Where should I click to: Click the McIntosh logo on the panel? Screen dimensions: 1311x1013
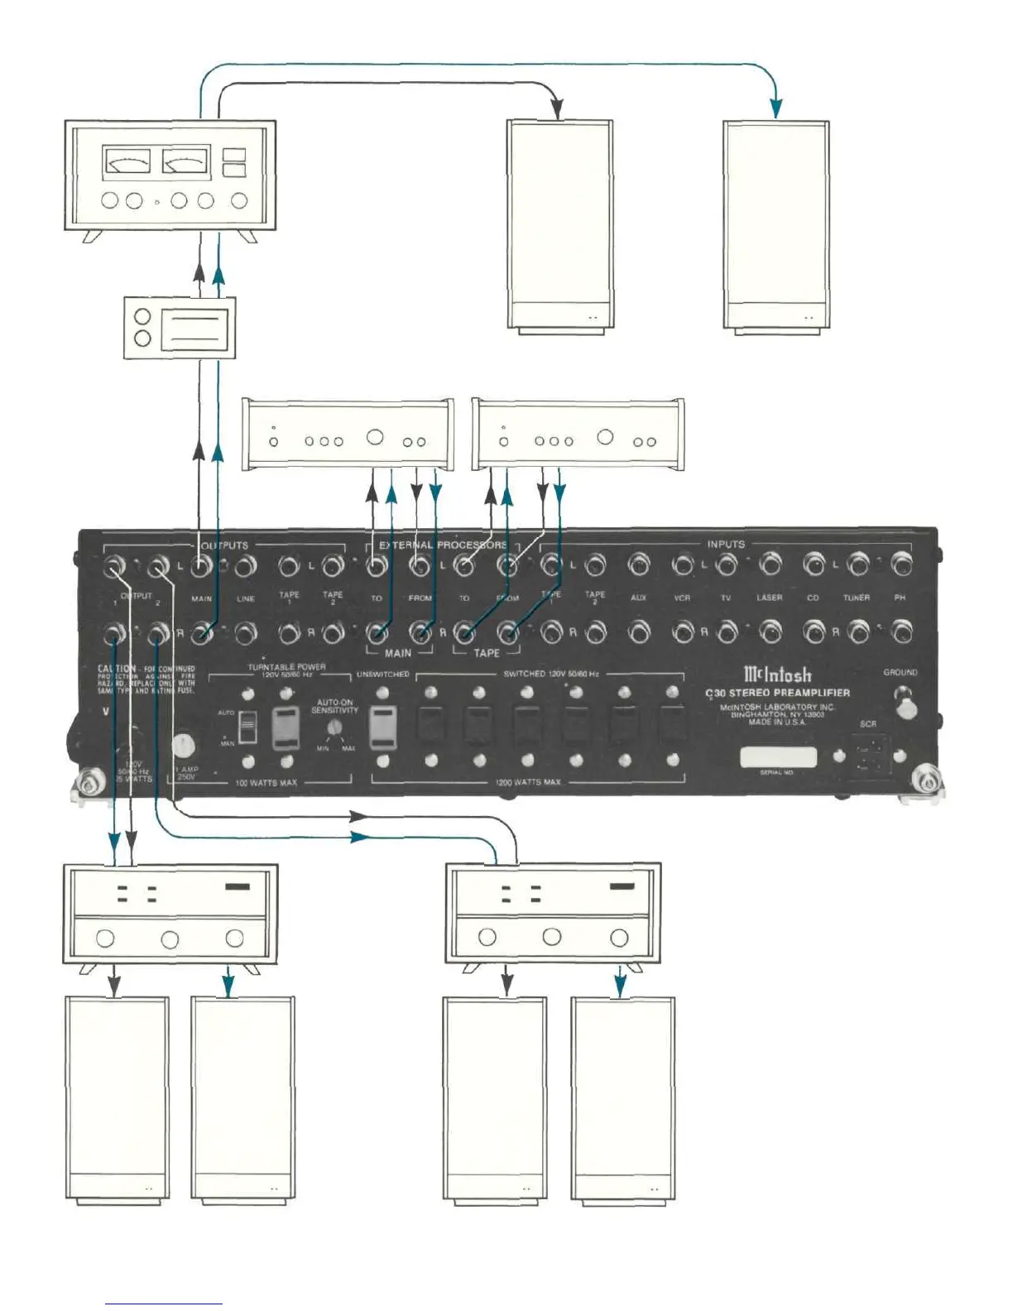pyautogui.click(x=777, y=675)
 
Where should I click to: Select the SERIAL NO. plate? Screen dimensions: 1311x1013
pyautogui.click(x=777, y=756)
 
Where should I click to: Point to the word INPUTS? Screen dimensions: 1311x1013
pyautogui.click(x=725, y=544)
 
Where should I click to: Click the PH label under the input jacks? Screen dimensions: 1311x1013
pyautogui.click(x=900, y=598)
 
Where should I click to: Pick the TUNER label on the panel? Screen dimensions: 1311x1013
pyautogui.click(x=856, y=598)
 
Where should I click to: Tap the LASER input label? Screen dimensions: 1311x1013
pyautogui.click(x=769, y=598)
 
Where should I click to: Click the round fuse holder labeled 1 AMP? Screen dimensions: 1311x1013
pyautogui.click(x=185, y=744)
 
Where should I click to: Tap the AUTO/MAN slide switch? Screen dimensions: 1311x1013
pyautogui.click(x=247, y=728)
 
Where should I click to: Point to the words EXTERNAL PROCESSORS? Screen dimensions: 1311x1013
pyautogui.click(x=443, y=545)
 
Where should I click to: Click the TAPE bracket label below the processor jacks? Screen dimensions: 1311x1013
pyautogui.click(x=487, y=653)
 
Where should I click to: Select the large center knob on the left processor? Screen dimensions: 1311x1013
pyautogui.click(x=375, y=438)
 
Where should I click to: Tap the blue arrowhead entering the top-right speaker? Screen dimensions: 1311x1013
pyautogui.click(x=775, y=108)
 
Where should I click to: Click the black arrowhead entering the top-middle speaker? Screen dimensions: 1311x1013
pyautogui.click(x=558, y=109)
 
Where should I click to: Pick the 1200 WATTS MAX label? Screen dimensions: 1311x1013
pyautogui.click(x=528, y=782)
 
